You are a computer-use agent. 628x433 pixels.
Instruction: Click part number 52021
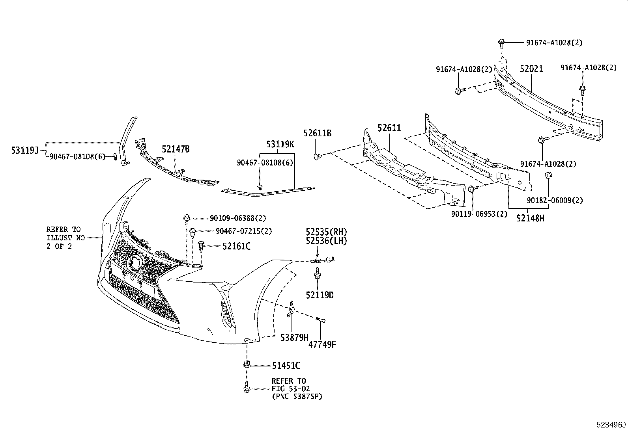(x=531, y=69)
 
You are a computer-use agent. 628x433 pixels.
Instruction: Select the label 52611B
(x=317, y=134)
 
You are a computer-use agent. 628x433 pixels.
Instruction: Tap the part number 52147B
(x=176, y=149)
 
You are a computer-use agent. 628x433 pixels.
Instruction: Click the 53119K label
(x=280, y=144)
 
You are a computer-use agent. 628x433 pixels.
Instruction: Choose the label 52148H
(x=530, y=218)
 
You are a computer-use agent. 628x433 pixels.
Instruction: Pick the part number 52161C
(x=236, y=246)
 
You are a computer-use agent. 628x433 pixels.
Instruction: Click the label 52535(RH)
(x=326, y=232)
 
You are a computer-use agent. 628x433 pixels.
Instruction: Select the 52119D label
(x=320, y=295)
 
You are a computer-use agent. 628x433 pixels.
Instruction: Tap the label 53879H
(x=294, y=338)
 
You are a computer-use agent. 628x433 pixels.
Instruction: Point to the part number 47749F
(x=322, y=345)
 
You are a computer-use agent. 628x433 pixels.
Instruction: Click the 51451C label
(x=286, y=366)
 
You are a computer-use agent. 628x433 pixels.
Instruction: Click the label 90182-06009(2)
(x=555, y=200)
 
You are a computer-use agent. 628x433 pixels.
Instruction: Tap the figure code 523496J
(x=611, y=425)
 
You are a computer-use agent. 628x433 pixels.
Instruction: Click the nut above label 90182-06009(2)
(x=548, y=175)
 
